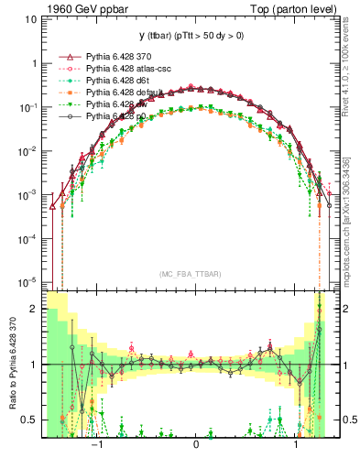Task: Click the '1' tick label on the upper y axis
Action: click(34, 64)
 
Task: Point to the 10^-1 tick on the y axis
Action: click(29, 107)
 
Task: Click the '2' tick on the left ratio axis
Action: click(34, 310)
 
